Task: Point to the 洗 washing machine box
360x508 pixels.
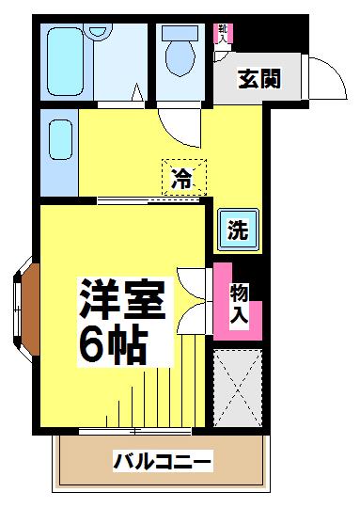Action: [239, 229]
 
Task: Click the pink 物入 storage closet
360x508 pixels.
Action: [239, 303]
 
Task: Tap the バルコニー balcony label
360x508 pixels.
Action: [164, 461]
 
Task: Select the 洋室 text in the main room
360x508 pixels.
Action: [123, 300]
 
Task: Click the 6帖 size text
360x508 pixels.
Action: [113, 346]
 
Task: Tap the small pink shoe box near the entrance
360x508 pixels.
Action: [223, 33]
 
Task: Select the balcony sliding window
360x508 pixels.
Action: [136, 430]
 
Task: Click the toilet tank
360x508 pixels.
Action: [180, 32]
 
